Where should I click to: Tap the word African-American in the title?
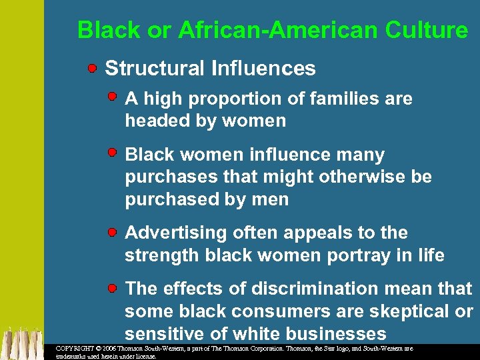pos(255,30)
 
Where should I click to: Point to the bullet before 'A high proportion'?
pos(114,97)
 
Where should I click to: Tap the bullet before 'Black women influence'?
pos(114,153)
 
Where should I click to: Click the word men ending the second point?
pos(271,199)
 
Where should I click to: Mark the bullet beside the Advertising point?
pos(114,231)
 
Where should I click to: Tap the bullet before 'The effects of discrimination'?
pos(114,287)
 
